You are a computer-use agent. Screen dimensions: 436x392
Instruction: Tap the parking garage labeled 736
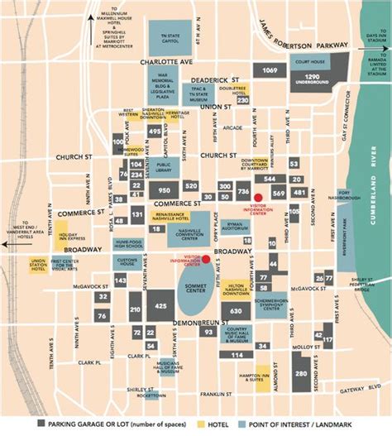pos(243,192)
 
